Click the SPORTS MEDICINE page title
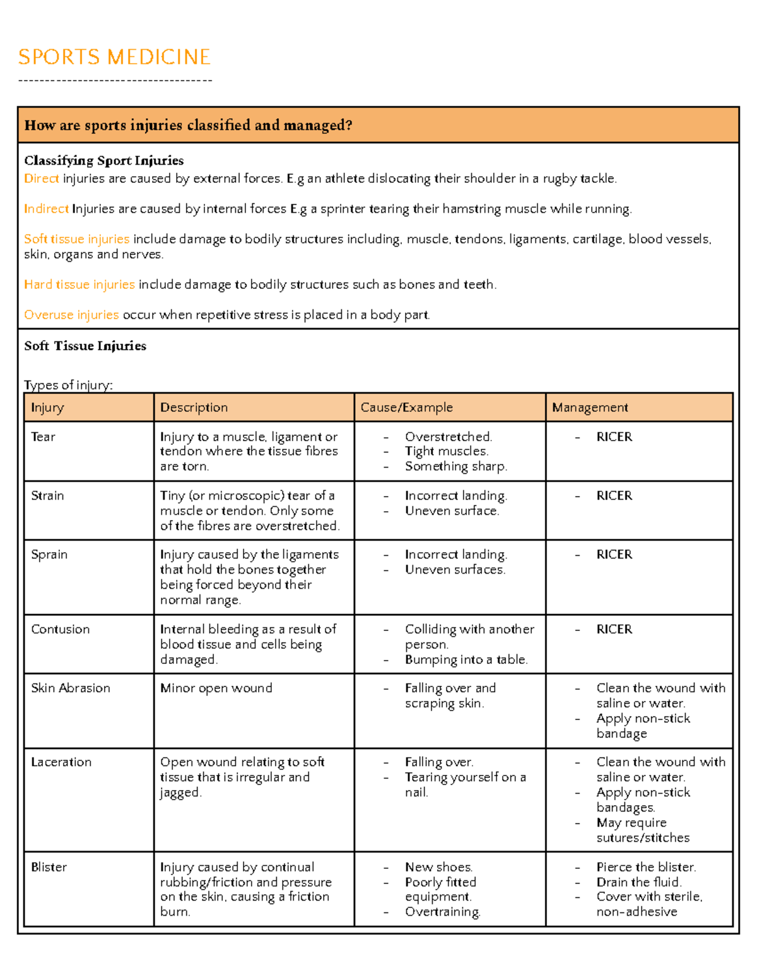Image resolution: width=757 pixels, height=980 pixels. click(114, 57)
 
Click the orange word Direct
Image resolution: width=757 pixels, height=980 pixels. click(42, 179)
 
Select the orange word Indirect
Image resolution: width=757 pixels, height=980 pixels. click(46, 209)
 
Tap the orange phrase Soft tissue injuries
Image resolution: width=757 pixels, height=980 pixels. click(76, 239)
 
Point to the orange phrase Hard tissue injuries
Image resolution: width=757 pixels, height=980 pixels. click(79, 285)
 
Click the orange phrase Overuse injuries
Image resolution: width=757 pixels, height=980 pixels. click(71, 315)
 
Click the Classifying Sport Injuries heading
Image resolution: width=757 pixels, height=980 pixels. click(103, 160)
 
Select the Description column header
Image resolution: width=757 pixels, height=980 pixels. click(194, 408)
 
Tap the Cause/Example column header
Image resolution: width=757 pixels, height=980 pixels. click(406, 408)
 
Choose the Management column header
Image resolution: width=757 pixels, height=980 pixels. click(590, 408)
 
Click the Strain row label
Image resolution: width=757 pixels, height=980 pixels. click(47, 496)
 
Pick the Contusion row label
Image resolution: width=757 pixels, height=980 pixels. click(60, 630)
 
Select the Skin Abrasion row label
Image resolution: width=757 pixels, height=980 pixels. click(70, 688)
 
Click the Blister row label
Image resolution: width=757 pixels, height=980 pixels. click(49, 867)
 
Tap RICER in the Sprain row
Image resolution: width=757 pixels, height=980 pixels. click(614, 555)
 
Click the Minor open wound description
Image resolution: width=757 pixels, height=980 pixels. click(216, 688)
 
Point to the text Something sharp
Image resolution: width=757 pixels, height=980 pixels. click(455, 466)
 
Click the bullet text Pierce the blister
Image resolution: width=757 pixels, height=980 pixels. click(646, 867)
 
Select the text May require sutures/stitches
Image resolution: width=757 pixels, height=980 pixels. click(642, 830)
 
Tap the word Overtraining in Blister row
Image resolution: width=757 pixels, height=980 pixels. click(442, 912)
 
